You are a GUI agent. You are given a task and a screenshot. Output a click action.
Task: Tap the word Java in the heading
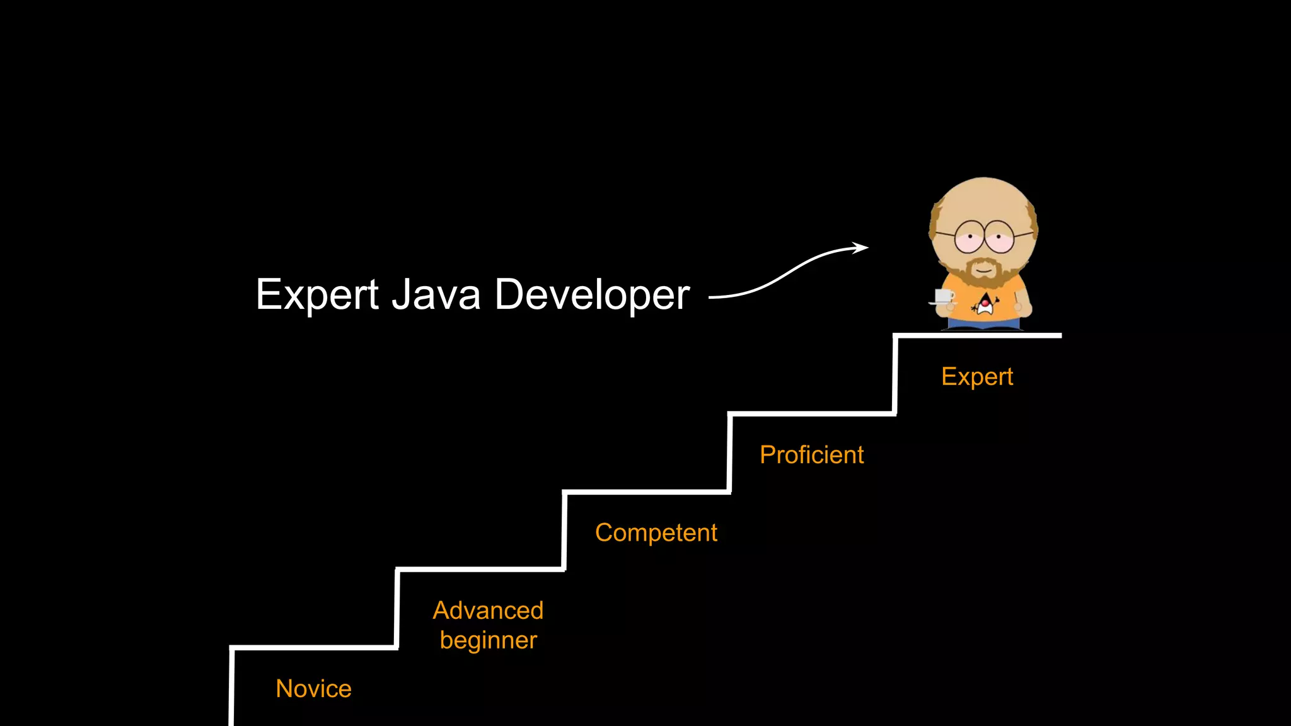(x=436, y=295)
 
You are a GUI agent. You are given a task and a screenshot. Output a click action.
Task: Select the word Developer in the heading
(x=592, y=295)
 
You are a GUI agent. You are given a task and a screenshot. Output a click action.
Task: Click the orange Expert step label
(x=977, y=377)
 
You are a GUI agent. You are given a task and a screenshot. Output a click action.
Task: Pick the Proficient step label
(x=811, y=455)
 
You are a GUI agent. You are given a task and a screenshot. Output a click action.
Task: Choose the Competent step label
(x=656, y=533)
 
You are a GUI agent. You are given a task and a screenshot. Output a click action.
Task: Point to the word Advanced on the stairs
(x=488, y=611)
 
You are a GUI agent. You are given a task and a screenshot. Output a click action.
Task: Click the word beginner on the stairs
(x=488, y=641)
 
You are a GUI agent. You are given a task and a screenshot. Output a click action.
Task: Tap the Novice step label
(x=313, y=689)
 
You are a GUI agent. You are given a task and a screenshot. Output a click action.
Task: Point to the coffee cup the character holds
(x=943, y=296)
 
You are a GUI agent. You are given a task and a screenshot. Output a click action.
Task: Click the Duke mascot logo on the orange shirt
(x=985, y=305)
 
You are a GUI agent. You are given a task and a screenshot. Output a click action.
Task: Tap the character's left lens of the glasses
(x=970, y=237)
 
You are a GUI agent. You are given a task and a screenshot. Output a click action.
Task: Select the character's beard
(x=983, y=272)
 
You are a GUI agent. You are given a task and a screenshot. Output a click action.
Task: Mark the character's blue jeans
(x=983, y=324)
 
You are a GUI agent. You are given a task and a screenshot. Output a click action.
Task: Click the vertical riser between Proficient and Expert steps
(x=895, y=375)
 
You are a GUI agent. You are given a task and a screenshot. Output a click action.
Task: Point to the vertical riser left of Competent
(x=564, y=531)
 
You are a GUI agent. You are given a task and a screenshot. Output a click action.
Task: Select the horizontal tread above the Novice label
(x=314, y=647)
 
